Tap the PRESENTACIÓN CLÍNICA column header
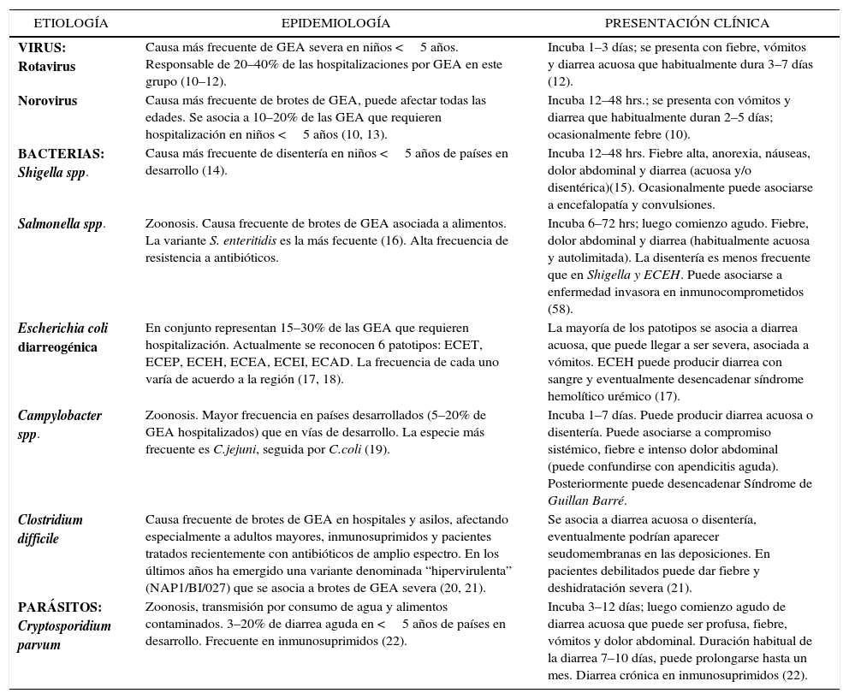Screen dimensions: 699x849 click(x=687, y=23)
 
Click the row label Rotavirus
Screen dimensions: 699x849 click(x=46, y=65)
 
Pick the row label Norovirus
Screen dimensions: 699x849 click(x=47, y=101)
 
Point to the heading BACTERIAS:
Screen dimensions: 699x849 click(x=61, y=154)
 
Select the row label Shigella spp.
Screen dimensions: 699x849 click(x=53, y=171)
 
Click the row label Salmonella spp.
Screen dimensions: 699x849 click(x=62, y=224)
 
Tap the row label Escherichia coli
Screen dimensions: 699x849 click(x=62, y=329)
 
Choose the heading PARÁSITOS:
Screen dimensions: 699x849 click(x=59, y=607)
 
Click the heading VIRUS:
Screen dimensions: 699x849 click(x=42, y=48)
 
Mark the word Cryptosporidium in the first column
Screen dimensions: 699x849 click(x=64, y=625)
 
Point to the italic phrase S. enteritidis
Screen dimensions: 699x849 click(x=243, y=241)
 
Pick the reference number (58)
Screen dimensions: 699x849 click(x=561, y=308)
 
